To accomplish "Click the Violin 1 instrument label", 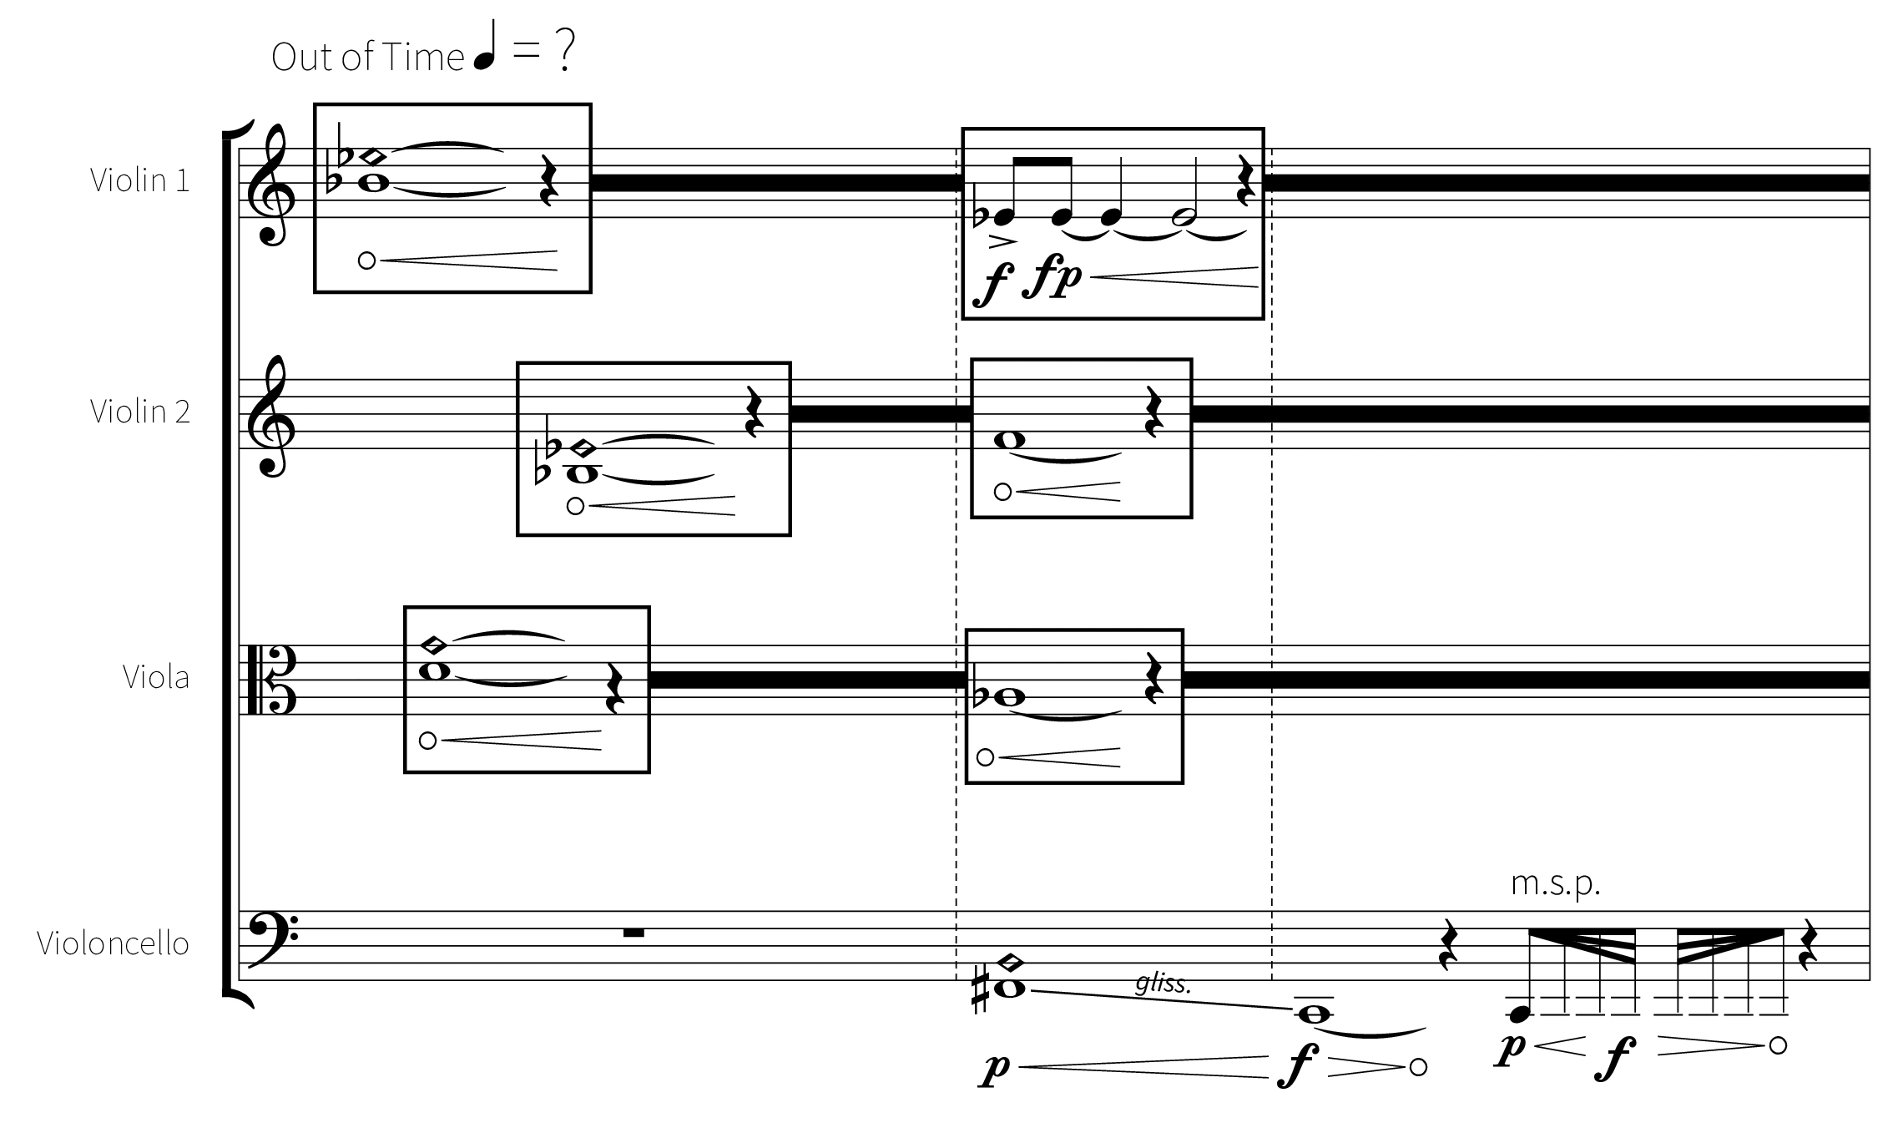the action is tap(140, 180).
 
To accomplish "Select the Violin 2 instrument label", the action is tap(140, 412).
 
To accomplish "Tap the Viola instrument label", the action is tap(156, 677).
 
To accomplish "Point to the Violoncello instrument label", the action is tap(113, 943).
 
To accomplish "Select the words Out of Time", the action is tap(367, 57).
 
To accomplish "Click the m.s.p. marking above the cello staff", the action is tap(1556, 883).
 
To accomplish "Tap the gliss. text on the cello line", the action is tap(1164, 984).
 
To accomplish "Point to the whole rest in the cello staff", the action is tap(633, 933).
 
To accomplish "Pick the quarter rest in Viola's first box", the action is tap(613, 689).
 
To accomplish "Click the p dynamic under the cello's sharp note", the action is tap(996, 1069).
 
